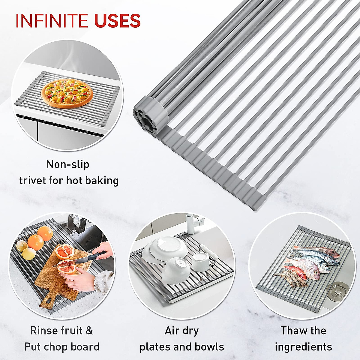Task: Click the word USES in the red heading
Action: tap(117, 21)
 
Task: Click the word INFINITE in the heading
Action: tap(52, 21)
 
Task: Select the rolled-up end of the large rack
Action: tap(149, 114)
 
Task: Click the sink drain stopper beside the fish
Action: tap(335, 290)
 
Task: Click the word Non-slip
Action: tap(68, 164)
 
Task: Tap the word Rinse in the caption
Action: tap(43, 331)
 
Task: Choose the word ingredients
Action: tap(303, 347)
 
